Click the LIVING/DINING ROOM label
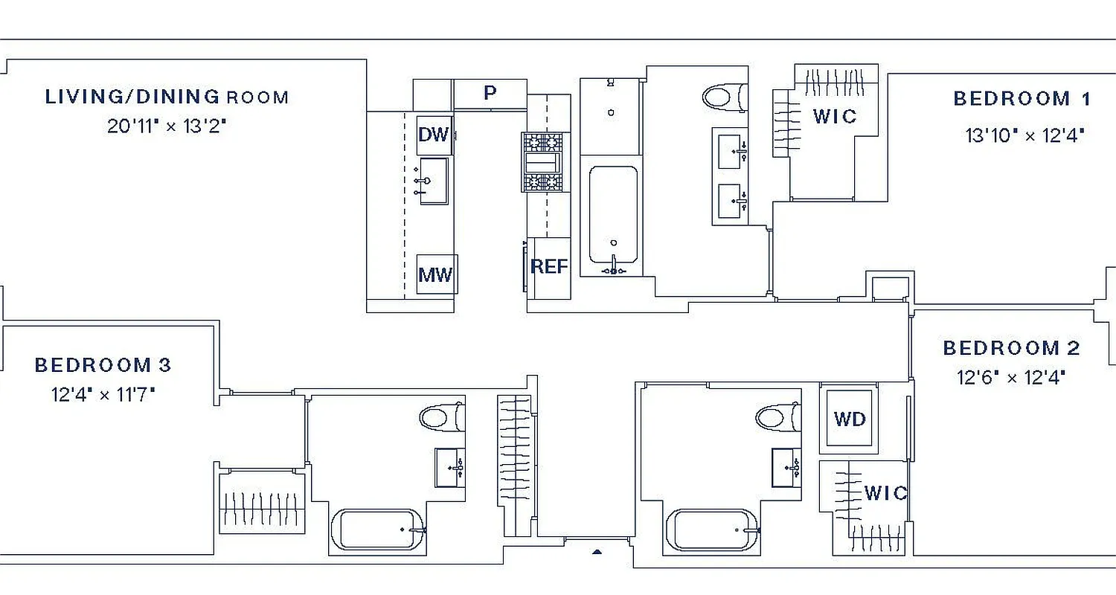point(167,97)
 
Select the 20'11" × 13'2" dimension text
point(166,126)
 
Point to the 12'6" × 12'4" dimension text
point(1011,378)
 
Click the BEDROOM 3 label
point(103,365)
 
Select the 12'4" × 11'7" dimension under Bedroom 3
point(103,394)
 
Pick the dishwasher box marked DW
point(434,135)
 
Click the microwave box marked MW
point(435,274)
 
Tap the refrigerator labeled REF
point(549,267)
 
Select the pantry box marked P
point(490,94)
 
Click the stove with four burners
point(542,162)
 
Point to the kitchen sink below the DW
point(434,181)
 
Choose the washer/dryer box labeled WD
point(850,419)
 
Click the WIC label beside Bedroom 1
point(834,116)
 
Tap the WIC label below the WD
point(885,493)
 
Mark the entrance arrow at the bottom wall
point(597,552)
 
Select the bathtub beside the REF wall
point(613,215)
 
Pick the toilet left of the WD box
point(777,417)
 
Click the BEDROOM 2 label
point(1011,348)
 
